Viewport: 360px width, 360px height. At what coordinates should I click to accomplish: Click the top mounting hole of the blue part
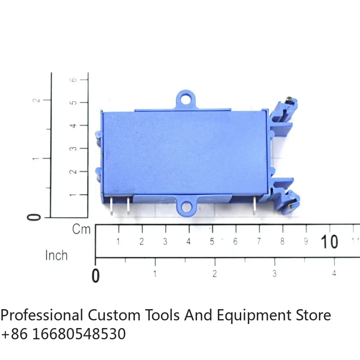point(186,97)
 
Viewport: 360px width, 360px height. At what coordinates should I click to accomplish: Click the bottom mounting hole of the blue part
point(186,207)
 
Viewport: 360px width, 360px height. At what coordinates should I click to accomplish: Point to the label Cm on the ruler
point(81,229)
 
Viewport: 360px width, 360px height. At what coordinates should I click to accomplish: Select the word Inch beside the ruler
point(56,255)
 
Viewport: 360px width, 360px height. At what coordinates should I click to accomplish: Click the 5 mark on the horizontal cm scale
point(211,242)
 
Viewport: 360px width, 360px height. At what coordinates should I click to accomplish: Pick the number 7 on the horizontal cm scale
point(259,242)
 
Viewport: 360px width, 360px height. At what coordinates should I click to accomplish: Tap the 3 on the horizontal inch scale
point(274,273)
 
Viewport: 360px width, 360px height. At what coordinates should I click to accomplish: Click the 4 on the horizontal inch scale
point(334,273)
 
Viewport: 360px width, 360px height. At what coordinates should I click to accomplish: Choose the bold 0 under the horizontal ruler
point(95,275)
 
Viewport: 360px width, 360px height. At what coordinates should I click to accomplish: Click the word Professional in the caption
point(42,315)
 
